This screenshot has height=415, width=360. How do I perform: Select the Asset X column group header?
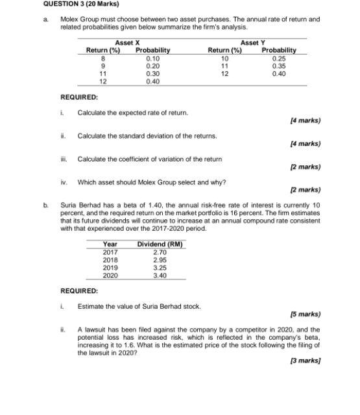pyautogui.click(x=128, y=43)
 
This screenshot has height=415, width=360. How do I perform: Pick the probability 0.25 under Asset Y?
pyautogui.click(x=279, y=58)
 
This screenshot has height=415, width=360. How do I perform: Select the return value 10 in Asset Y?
pyautogui.click(x=224, y=58)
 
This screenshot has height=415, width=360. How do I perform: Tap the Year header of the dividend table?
pyautogui.click(x=110, y=244)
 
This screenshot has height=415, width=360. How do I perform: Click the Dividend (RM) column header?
pyautogui.click(x=160, y=244)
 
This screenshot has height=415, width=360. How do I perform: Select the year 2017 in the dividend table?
pyautogui.click(x=110, y=252)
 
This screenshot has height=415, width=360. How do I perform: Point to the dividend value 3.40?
pyautogui.click(x=160, y=276)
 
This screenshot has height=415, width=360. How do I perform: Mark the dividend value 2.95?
pyautogui.click(x=160, y=259)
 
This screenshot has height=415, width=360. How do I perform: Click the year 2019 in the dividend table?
pyautogui.click(x=110, y=268)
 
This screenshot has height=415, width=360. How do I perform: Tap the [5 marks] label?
pyautogui.click(x=307, y=314)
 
